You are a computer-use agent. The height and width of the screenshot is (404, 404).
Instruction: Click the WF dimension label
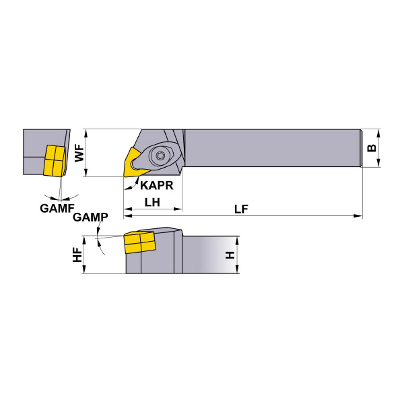click(x=79, y=153)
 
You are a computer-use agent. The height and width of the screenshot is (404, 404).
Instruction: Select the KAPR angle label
click(x=157, y=186)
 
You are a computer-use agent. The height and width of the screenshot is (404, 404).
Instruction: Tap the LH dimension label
click(x=152, y=202)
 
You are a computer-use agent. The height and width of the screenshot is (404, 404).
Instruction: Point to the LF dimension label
click(x=241, y=209)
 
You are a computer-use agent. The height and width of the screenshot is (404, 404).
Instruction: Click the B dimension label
click(x=372, y=148)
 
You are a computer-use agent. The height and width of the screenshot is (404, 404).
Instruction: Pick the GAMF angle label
click(x=57, y=208)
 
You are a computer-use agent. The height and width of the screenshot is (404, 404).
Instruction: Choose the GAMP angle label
click(x=90, y=217)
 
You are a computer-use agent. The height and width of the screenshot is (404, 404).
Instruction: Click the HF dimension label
click(x=77, y=255)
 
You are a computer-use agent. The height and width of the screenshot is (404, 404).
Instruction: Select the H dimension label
click(x=230, y=255)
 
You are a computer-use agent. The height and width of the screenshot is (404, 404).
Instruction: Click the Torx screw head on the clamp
click(x=158, y=156)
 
